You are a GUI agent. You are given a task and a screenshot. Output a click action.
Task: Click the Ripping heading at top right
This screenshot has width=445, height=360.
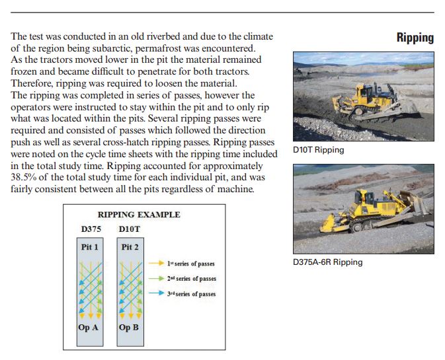click(415, 38)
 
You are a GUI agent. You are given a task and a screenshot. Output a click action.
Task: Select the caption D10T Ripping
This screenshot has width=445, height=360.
click(318, 150)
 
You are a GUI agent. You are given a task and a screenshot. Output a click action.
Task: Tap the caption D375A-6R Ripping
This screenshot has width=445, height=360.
click(327, 262)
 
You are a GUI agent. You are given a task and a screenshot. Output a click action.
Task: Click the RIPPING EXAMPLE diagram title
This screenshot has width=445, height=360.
click(139, 215)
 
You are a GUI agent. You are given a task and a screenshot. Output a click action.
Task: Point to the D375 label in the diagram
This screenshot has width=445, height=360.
click(91, 229)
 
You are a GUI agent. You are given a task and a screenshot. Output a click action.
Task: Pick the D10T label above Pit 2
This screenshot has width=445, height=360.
click(130, 229)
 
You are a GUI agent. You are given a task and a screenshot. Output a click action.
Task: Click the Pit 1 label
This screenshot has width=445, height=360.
click(90, 247)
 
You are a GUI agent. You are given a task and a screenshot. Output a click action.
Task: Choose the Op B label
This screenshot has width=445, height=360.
click(129, 327)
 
